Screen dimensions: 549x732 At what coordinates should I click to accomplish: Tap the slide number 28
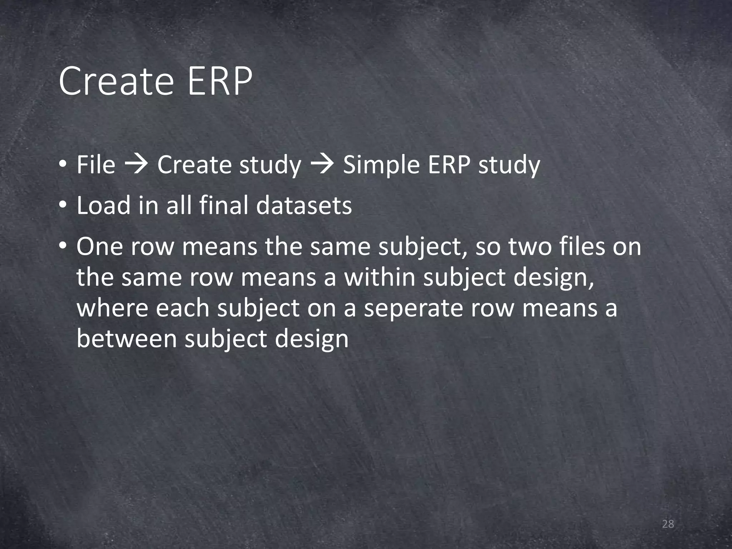668,524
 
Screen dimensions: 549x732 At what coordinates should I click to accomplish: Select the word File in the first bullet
96,165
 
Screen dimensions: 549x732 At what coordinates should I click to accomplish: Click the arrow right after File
136,165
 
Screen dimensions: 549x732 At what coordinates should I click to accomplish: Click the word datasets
304,206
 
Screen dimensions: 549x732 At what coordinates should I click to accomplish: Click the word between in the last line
127,338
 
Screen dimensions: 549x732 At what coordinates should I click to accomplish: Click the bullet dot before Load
63,206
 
